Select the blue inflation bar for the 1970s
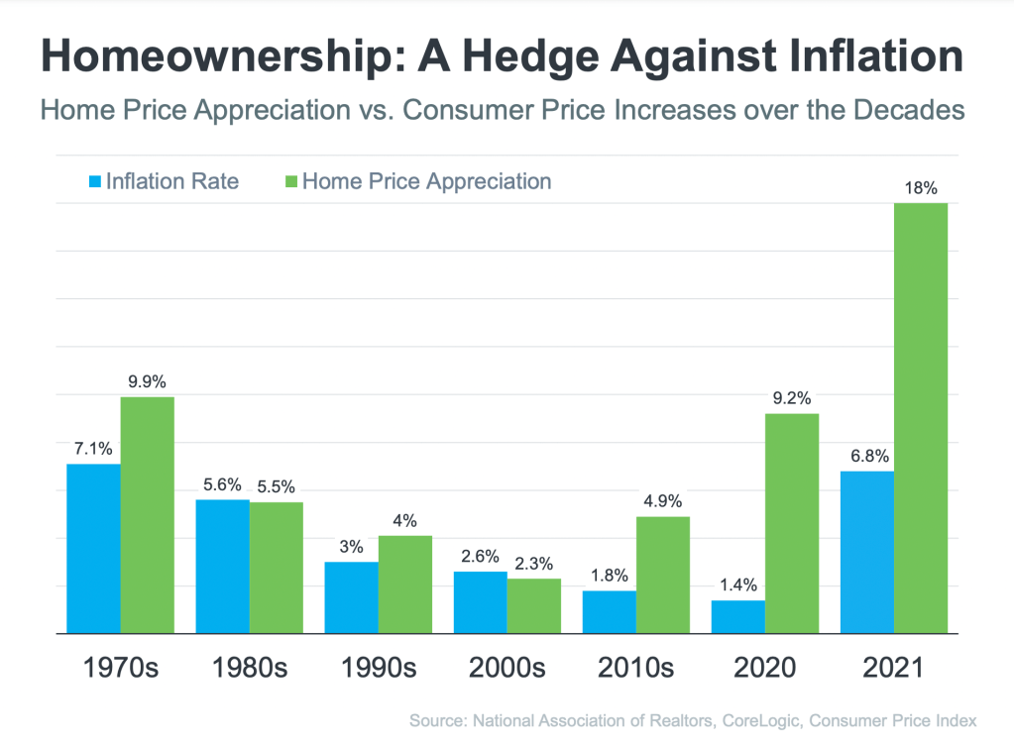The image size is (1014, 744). pyautogui.click(x=94, y=548)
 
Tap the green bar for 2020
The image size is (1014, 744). pyautogui.click(x=792, y=522)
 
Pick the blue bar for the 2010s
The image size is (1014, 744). pyautogui.click(x=610, y=611)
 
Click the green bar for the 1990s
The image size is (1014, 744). pyautogui.click(x=405, y=584)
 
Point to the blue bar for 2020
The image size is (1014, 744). pyautogui.click(x=738, y=616)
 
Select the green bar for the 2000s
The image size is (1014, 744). pyautogui.click(x=534, y=605)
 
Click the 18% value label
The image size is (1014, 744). pyautogui.click(x=922, y=186)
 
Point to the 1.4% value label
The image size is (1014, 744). pyautogui.click(x=738, y=584)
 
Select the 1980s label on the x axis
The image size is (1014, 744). pyautogui.click(x=249, y=667)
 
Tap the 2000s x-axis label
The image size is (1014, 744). pyautogui.click(x=507, y=667)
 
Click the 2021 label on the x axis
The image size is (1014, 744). pyautogui.click(x=893, y=667)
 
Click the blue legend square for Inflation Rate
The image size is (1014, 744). pyautogui.click(x=95, y=182)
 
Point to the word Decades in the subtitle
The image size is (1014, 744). pyautogui.click(x=912, y=109)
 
